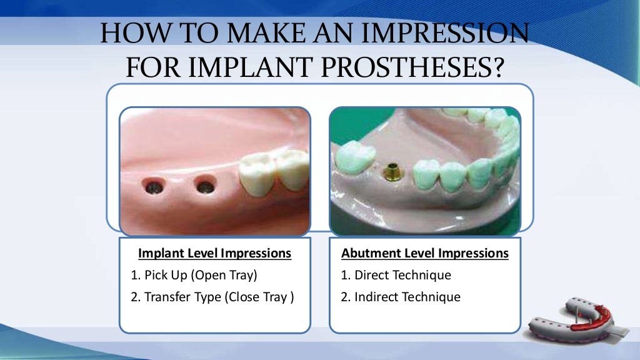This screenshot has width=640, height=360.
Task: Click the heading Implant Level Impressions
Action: tap(214, 254)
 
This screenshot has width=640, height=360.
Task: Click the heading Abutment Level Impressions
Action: tap(424, 254)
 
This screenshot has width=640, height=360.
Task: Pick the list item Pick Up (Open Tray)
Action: tap(194, 275)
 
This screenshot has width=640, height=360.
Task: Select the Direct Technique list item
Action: tap(396, 275)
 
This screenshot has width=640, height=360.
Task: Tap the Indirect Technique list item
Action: tap(401, 297)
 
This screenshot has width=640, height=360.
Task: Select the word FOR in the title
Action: tap(148, 67)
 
